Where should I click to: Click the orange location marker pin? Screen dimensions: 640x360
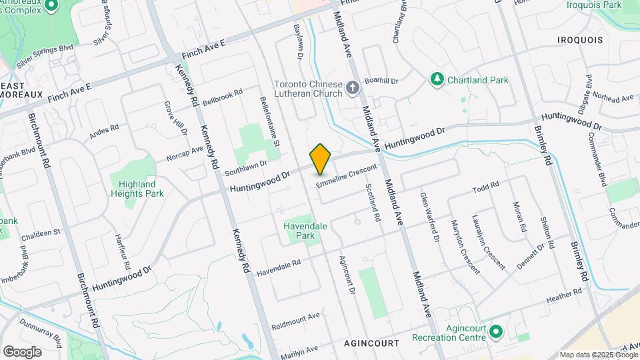[x=321, y=159]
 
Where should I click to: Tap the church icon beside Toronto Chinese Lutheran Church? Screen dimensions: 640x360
[x=353, y=87]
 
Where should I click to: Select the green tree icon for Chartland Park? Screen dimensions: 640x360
[x=437, y=80]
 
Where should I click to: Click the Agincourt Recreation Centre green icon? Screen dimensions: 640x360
[x=495, y=331]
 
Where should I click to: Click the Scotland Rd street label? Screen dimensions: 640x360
[x=373, y=203]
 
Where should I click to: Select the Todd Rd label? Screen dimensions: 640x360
[x=485, y=186]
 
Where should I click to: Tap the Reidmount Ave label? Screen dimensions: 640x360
[x=296, y=321]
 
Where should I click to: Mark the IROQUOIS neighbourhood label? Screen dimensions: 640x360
[x=580, y=40]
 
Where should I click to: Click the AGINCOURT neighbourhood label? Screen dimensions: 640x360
[x=371, y=343]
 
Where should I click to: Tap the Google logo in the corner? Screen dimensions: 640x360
[x=22, y=351]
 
